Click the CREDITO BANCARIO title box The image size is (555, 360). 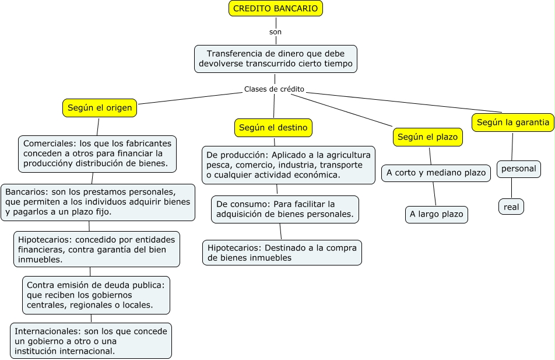(x=276, y=9)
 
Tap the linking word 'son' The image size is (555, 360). (x=275, y=32)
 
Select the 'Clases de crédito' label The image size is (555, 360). (x=274, y=89)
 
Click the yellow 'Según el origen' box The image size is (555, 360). (x=100, y=108)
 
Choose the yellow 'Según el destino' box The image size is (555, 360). (x=273, y=128)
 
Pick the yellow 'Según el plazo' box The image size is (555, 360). (x=427, y=137)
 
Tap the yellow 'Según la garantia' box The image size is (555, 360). (x=513, y=123)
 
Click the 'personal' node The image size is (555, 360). (x=518, y=169)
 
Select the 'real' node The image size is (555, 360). (x=511, y=207)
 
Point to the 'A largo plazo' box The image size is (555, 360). (x=437, y=214)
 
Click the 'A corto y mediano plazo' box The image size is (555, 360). (x=436, y=173)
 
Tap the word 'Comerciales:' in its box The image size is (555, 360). (x=50, y=144)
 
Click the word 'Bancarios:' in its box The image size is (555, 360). (x=27, y=192)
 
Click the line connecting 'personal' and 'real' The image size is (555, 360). (x=511, y=188)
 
